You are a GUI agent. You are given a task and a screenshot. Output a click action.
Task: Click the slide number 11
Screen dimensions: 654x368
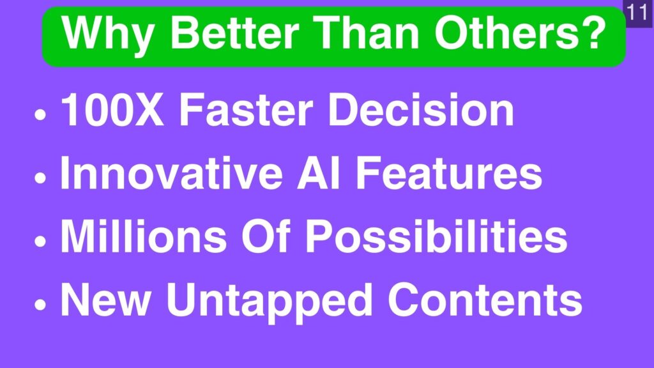point(637,13)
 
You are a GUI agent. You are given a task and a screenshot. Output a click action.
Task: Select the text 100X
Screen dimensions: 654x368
point(112,109)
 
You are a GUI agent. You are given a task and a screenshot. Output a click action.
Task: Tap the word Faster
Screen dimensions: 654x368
point(246,109)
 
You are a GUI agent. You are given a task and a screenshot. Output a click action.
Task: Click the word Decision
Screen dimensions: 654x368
point(422,109)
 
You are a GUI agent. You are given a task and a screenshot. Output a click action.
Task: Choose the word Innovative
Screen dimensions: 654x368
point(171,172)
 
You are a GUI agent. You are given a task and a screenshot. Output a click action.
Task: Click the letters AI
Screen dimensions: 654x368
point(318,172)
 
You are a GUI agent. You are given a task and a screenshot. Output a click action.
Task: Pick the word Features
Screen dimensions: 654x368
point(449,172)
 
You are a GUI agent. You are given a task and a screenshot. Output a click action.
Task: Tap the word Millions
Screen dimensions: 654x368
point(144,236)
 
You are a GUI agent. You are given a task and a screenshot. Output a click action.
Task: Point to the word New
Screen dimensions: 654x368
point(106,299)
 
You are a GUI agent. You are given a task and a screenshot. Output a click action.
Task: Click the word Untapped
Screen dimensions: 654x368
point(269,302)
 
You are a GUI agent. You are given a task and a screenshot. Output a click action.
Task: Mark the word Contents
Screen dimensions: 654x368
point(485,299)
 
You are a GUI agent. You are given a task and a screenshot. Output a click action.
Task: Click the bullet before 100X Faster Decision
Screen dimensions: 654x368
point(40,115)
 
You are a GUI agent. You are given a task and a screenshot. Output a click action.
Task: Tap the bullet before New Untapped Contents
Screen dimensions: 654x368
point(40,305)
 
